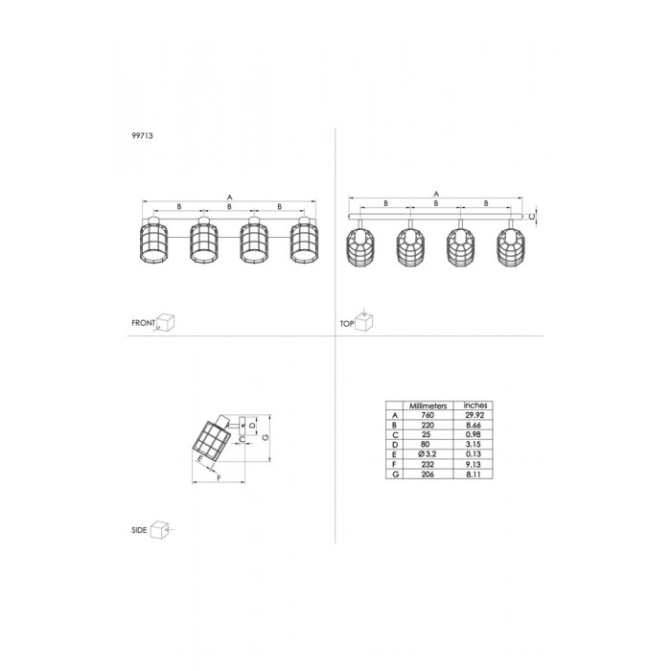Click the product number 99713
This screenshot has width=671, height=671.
tap(142, 136)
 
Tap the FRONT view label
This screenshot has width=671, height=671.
tap(143, 323)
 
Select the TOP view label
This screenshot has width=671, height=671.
tap(347, 324)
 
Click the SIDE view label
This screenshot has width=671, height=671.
tap(139, 530)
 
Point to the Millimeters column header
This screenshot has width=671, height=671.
tap(428, 405)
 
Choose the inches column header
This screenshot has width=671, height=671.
tap(475, 405)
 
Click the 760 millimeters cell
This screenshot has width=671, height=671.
tap(428, 415)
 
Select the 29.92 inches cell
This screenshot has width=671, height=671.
tap(474, 415)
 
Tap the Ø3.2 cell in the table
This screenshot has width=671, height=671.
tap(428, 454)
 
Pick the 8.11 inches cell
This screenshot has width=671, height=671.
tap(474, 474)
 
